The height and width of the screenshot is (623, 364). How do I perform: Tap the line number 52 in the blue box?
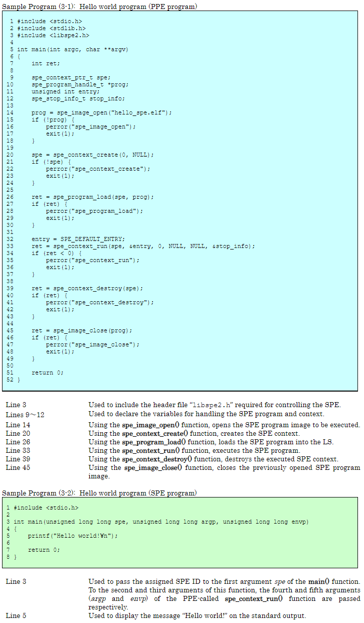[x=10, y=380]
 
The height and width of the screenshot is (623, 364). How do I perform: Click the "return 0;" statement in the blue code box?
[x=48, y=372]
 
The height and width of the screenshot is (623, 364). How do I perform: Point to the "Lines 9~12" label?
[x=25, y=415]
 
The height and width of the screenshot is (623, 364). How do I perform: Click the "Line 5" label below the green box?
[x=16, y=615]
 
